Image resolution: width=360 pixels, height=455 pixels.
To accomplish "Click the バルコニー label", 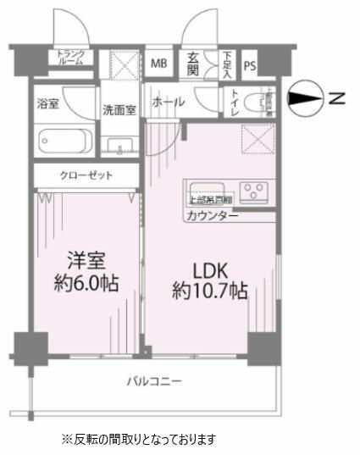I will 155,382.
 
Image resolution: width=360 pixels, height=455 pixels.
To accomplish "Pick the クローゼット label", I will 85,175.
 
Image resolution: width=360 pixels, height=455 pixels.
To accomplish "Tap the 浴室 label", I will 48,105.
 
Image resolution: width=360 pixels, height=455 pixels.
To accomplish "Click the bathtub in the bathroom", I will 64,139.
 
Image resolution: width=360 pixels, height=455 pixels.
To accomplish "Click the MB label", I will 159,64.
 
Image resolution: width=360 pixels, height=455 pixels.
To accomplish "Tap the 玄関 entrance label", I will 193,65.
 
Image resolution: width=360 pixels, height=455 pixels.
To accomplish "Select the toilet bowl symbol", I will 257,104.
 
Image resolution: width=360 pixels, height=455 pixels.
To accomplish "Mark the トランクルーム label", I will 71,58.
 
